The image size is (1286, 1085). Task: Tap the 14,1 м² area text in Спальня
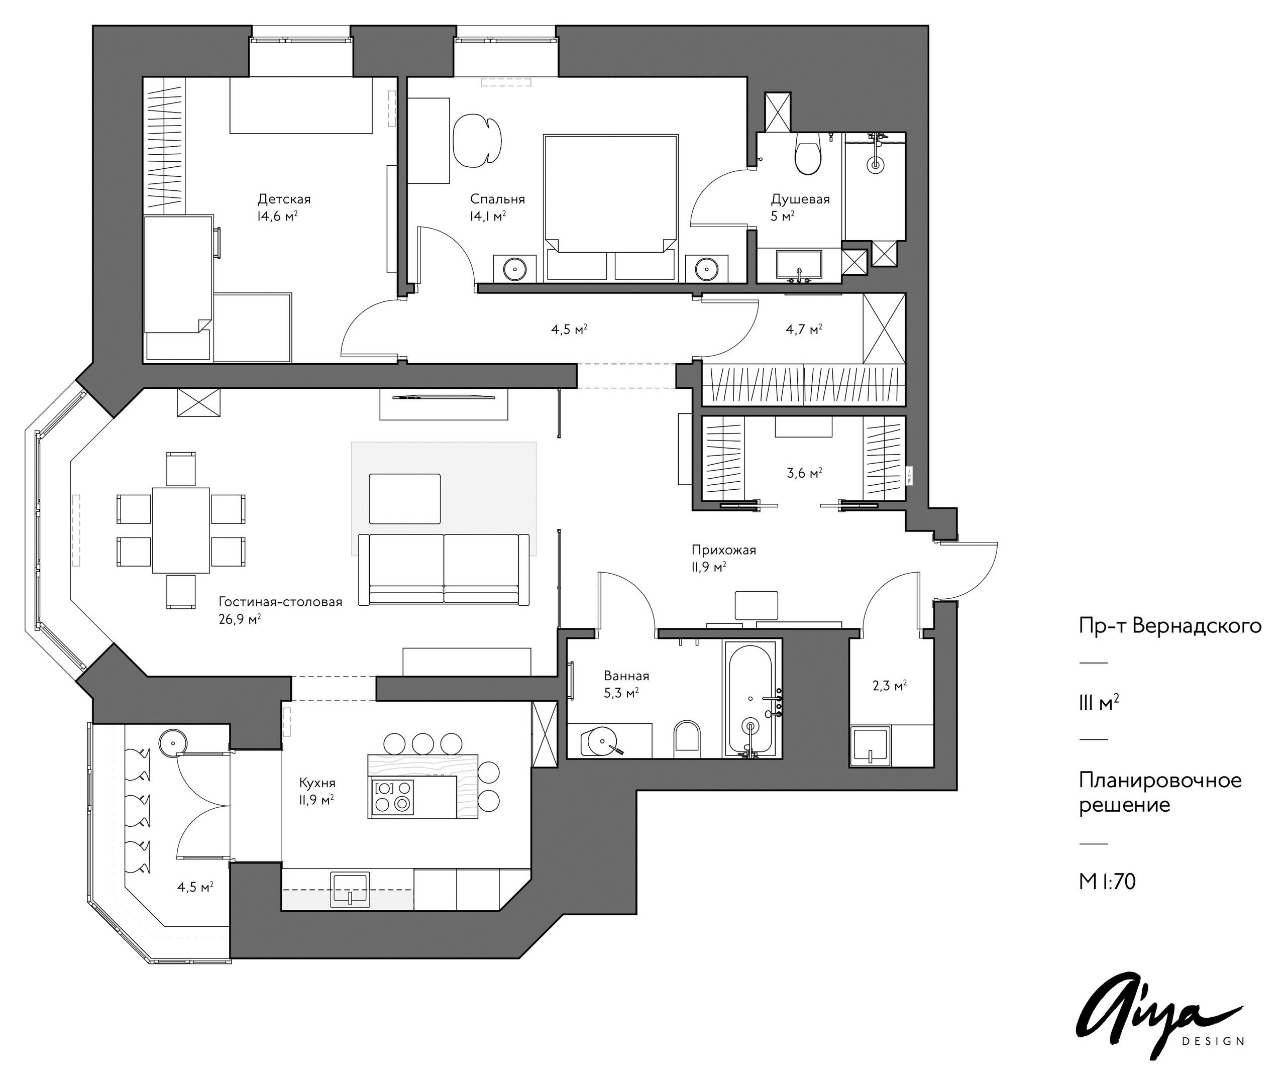[x=488, y=215]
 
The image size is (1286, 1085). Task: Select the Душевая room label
[x=800, y=199]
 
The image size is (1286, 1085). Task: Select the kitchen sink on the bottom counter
[x=350, y=890]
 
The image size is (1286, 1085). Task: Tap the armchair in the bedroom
[x=477, y=140]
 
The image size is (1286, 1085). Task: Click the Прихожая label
[x=723, y=550]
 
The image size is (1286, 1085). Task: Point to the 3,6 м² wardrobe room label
[x=804, y=473]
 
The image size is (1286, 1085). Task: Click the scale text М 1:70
[x=1107, y=882]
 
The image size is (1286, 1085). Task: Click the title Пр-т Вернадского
[x=1170, y=626]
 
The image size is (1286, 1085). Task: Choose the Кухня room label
[x=317, y=783]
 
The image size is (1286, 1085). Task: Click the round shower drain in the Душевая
[x=875, y=164]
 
